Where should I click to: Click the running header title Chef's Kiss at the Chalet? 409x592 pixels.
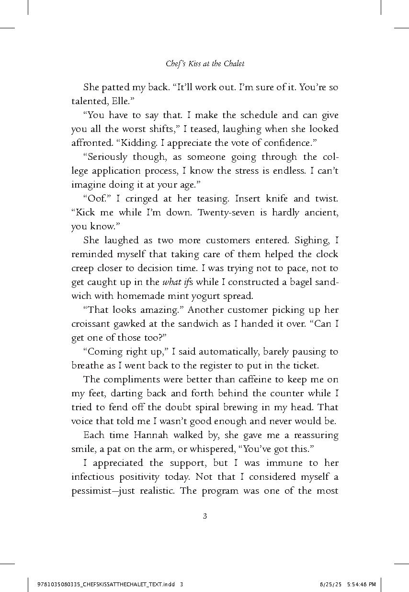[x=205, y=63]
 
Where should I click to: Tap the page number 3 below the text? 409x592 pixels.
[x=205, y=516]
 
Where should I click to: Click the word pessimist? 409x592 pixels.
[x=93, y=491]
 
